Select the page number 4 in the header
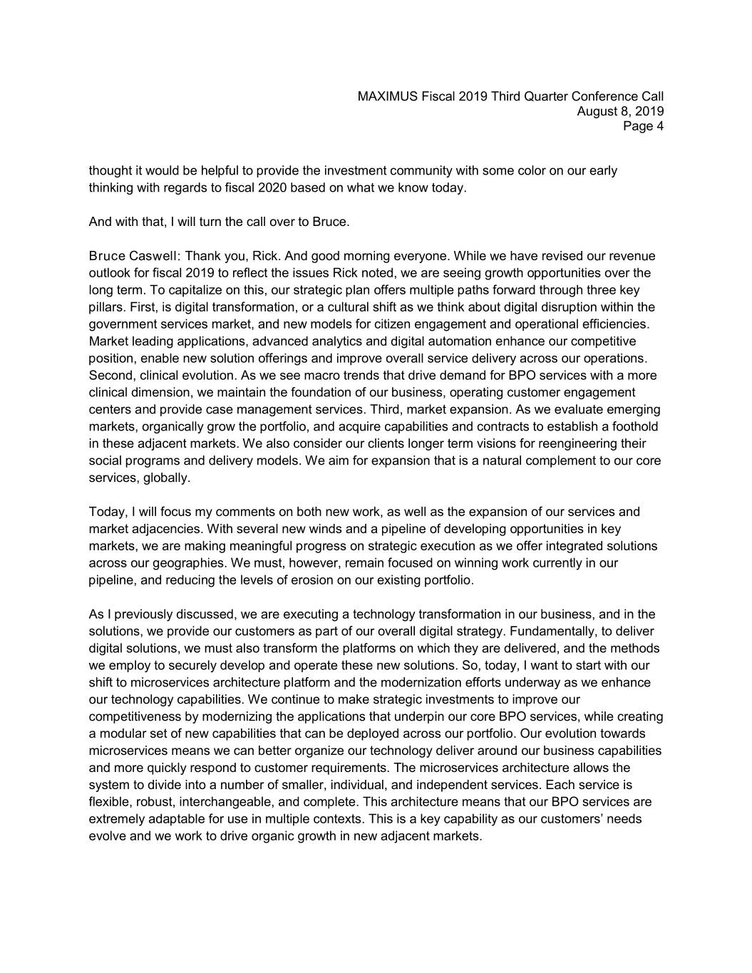660,126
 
